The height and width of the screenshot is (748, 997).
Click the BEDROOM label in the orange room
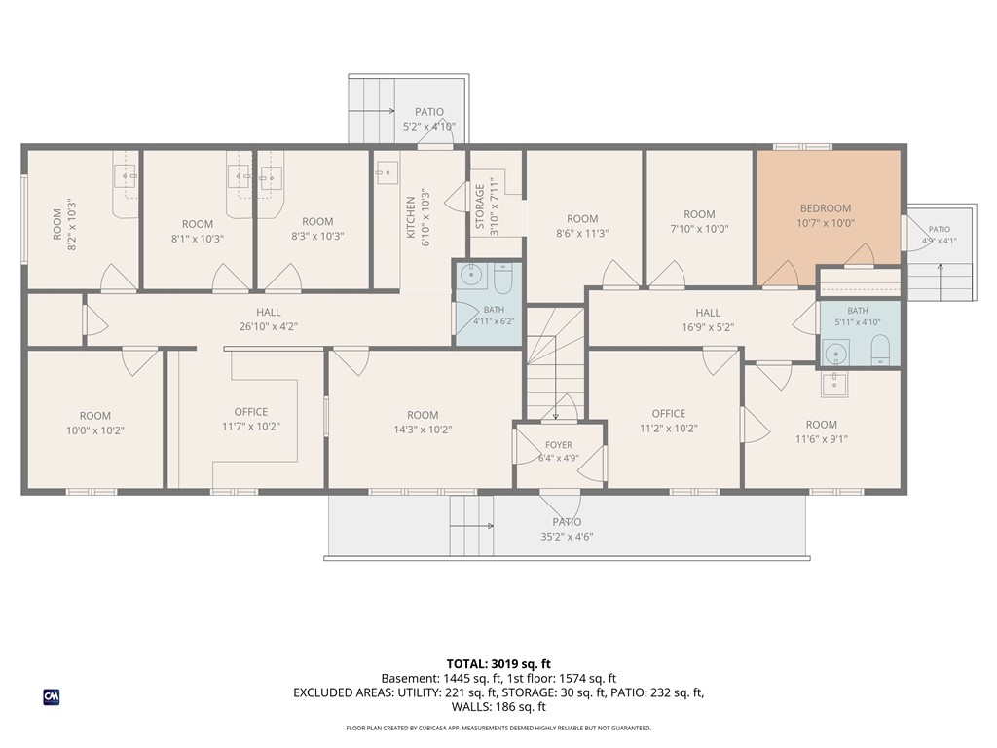[x=826, y=208]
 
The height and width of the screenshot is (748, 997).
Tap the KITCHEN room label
[x=411, y=217]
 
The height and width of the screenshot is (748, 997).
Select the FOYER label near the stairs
[x=558, y=444]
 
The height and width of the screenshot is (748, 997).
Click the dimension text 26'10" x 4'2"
[x=269, y=327]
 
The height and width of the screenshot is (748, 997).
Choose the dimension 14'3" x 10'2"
[x=423, y=430]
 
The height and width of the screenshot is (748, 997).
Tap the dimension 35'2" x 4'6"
[x=567, y=537]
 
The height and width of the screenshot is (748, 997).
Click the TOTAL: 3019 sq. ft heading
[x=498, y=664]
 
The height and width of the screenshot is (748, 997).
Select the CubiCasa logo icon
[x=52, y=697]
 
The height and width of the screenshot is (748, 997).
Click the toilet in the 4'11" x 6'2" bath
[x=502, y=279]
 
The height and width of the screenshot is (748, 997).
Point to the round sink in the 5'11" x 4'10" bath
[x=835, y=353]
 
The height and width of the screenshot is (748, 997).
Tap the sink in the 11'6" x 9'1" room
[x=833, y=384]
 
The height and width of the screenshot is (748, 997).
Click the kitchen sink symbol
[x=386, y=172]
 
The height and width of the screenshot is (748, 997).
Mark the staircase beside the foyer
[x=555, y=363]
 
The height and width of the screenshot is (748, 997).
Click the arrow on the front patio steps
[x=471, y=526]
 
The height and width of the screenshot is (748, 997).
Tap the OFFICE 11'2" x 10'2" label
[x=668, y=421]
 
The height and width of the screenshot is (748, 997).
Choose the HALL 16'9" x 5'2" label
[x=708, y=319]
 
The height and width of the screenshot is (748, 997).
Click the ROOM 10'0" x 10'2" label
[x=95, y=423]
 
